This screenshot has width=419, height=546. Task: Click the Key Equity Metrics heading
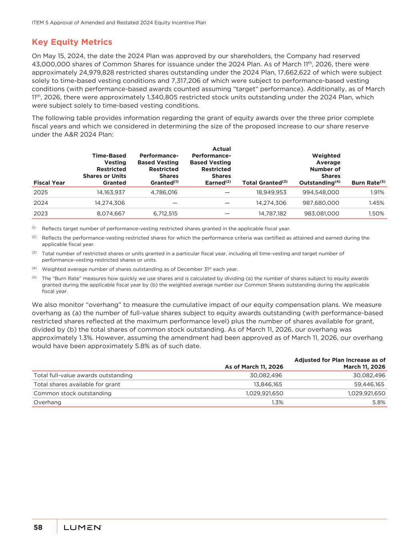coord(72,42)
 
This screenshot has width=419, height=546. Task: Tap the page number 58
coord(38,527)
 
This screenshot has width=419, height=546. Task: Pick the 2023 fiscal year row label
coord(40,214)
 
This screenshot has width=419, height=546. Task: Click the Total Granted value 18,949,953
coord(271,192)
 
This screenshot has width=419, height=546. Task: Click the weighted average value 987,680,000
coord(321,203)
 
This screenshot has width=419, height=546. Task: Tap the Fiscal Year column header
coord(49,183)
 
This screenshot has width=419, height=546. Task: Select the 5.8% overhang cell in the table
coord(379,402)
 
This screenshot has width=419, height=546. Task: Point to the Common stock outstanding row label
coord(72,393)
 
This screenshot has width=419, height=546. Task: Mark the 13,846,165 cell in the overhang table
coord(265,384)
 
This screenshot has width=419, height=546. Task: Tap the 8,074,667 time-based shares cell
coord(111,214)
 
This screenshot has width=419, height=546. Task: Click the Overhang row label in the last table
coord(47,402)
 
